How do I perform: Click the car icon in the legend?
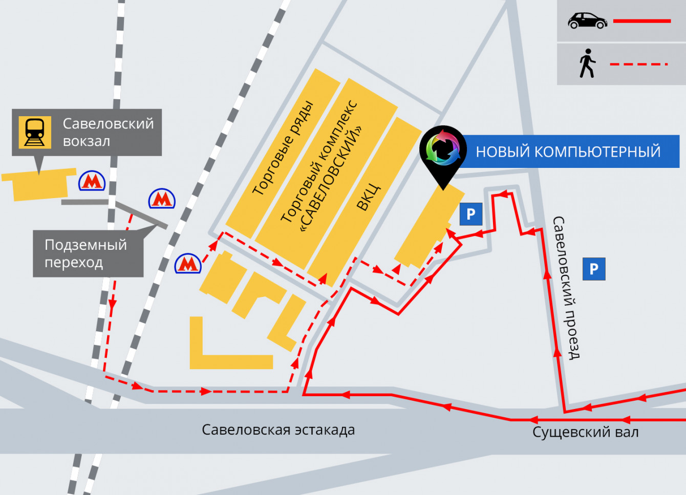(x=587, y=21)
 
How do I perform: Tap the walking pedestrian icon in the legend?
(x=587, y=63)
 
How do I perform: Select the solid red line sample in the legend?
(x=642, y=21)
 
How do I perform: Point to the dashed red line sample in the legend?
(x=639, y=64)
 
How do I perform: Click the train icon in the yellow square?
(x=35, y=132)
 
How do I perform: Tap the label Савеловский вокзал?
(x=108, y=132)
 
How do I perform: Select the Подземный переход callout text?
(x=85, y=253)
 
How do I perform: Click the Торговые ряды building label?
(x=283, y=148)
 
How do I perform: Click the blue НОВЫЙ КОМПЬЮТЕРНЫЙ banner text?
(x=568, y=152)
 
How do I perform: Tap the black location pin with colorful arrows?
(x=443, y=151)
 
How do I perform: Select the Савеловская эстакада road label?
(x=278, y=430)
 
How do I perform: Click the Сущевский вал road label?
(x=586, y=432)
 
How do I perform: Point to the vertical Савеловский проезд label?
(x=566, y=288)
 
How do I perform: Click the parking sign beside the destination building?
(x=471, y=214)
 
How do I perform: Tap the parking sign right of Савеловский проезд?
(x=594, y=269)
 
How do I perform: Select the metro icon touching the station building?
(x=92, y=181)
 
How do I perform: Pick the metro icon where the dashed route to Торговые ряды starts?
(x=188, y=264)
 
